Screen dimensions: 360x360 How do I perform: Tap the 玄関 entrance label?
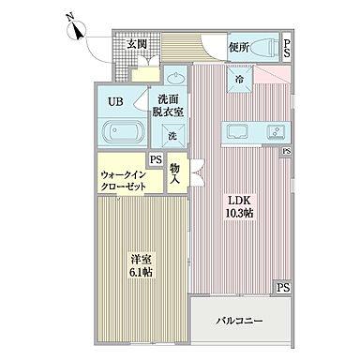(136, 44)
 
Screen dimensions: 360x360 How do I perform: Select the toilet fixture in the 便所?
(267, 45)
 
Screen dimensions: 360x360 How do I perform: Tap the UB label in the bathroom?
(114, 100)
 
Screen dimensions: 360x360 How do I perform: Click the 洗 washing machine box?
(172, 136)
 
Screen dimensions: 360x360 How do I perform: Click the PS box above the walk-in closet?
(156, 160)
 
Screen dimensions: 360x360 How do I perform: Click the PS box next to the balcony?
(282, 288)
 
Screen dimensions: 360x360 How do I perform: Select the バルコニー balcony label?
(240, 322)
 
